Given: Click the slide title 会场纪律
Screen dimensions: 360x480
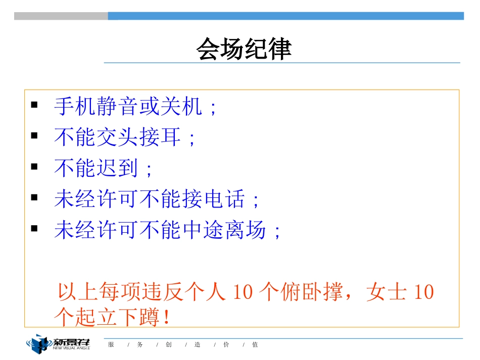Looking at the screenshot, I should (x=244, y=49).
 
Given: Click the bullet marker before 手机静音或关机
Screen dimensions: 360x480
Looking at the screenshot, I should (x=34, y=106).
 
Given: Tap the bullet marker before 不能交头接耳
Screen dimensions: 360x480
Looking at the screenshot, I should (x=34, y=136).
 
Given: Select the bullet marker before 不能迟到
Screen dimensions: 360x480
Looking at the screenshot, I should (x=34, y=166).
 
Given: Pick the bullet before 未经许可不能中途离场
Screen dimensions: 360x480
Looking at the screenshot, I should (x=34, y=228).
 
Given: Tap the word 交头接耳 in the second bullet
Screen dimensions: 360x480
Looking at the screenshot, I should (x=139, y=137).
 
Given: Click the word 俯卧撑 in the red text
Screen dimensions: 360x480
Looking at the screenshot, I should (x=312, y=292).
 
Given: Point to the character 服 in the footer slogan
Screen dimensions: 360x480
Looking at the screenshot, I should (x=111, y=345).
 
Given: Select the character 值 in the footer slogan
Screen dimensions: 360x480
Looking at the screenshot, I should (x=255, y=345).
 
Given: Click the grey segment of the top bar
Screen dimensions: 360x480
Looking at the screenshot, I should (x=61, y=16).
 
